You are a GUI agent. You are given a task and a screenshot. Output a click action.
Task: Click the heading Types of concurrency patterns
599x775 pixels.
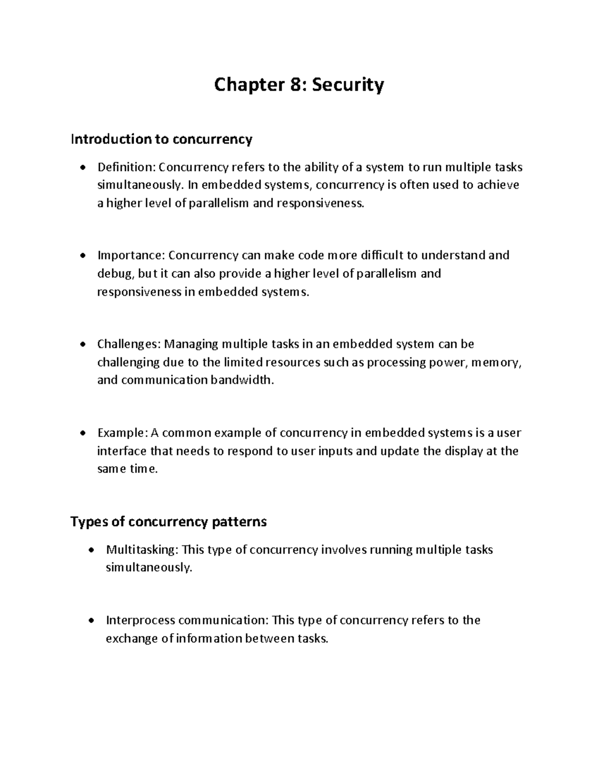[x=169, y=521]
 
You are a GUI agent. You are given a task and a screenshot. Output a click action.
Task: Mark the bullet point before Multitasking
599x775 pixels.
[x=90, y=550]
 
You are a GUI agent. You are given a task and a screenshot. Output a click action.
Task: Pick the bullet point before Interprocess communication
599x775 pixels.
[x=90, y=621]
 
